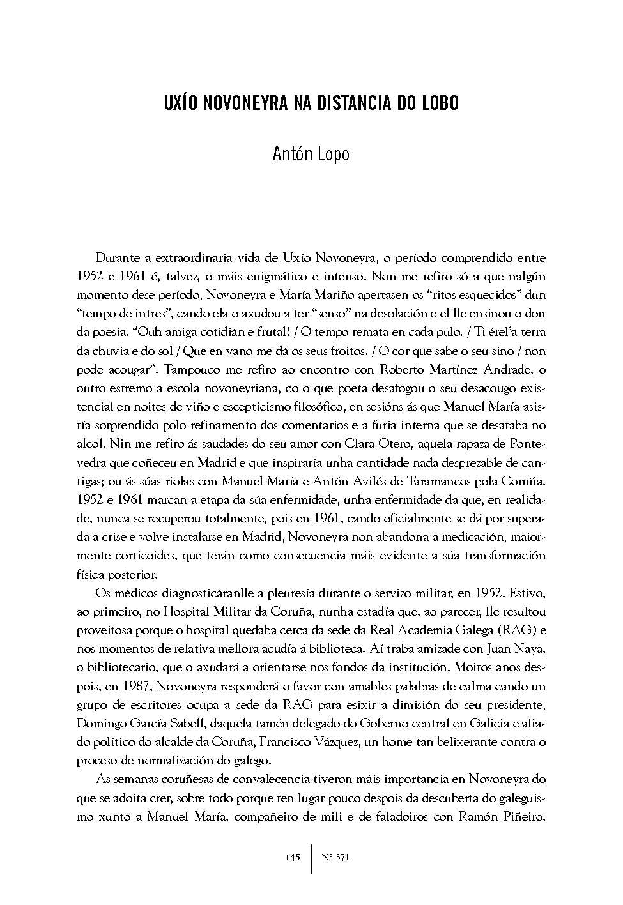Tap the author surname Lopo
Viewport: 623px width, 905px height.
click(332, 155)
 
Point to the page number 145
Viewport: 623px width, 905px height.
click(293, 857)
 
